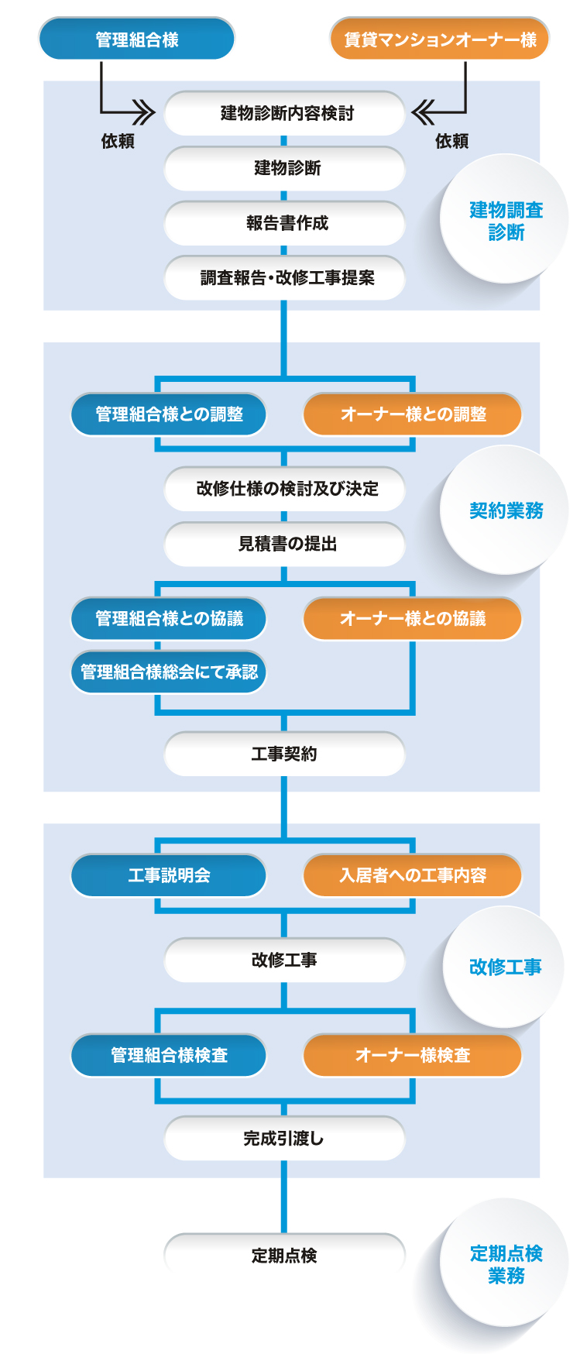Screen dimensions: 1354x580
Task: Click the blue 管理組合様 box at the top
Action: pos(136,39)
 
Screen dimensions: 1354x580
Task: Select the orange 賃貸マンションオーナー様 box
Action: pos(439,39)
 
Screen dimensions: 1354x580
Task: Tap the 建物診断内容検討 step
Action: pos(284,113)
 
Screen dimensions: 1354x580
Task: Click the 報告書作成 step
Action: pos(284,223)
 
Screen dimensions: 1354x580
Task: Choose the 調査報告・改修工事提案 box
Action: pos(284,277)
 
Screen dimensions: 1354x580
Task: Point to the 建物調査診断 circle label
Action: pos(505,220)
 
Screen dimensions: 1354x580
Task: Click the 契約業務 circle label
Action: pos(505,510)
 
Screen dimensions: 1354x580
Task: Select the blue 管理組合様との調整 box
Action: pos(169,414)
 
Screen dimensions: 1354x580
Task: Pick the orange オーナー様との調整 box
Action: pos(412,414)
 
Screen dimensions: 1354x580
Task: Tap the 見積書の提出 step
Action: pos(284,544)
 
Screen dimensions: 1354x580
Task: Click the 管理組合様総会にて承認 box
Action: pos(169,672)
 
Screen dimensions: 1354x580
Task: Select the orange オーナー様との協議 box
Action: pos(412,618)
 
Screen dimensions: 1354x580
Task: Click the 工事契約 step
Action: pos(284,754)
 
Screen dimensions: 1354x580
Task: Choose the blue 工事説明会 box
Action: pos(169,875)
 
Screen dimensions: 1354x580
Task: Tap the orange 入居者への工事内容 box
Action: pos(412,875)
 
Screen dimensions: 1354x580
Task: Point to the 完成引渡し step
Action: pos(284,1138)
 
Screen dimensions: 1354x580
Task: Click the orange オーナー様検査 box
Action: pos(412,1055)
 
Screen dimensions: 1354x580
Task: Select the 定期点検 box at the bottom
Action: pos(284,1255)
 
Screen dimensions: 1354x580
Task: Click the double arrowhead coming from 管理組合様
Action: pos(144,113)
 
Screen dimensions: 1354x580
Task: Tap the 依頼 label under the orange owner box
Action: pos(451,141)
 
